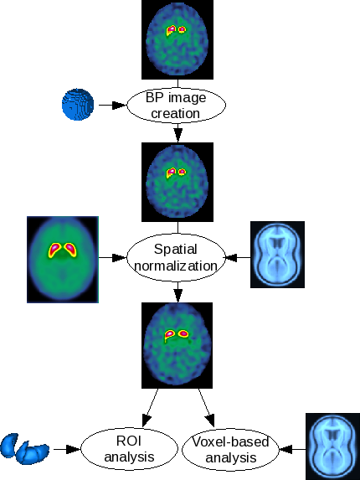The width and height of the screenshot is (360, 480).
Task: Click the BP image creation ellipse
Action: point(177,105)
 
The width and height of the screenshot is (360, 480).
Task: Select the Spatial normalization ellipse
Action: point(177,257)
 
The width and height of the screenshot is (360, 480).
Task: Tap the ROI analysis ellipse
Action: point(129,449)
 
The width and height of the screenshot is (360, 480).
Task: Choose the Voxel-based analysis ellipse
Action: point(230,449)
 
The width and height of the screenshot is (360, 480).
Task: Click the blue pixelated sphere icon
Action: point(78,105)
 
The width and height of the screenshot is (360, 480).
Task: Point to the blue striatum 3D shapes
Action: point(24,448)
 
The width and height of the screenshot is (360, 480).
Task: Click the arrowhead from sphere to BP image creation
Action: point(120,105)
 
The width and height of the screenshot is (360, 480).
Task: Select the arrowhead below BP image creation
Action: point(178,135)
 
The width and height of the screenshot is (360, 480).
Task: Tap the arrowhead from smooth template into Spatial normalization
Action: point(120,257)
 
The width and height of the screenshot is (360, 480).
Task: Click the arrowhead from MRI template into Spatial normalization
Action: point(232,257)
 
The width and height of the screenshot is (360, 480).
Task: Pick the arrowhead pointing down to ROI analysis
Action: point(147,421)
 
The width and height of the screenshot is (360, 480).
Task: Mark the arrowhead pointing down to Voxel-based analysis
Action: point(210,421)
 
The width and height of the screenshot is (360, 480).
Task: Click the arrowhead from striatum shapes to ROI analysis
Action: point(74,449)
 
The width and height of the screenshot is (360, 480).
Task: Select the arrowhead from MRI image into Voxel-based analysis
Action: point(286,449)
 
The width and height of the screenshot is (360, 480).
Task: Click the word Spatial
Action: point(175,249)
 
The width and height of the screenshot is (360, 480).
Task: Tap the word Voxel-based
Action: point(230,441)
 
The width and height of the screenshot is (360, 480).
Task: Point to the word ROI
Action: point(129,441)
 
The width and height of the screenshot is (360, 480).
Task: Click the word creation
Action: point(176,114)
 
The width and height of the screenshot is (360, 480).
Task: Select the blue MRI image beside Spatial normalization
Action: point(277,255)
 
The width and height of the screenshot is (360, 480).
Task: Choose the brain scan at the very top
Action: point(177,39)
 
